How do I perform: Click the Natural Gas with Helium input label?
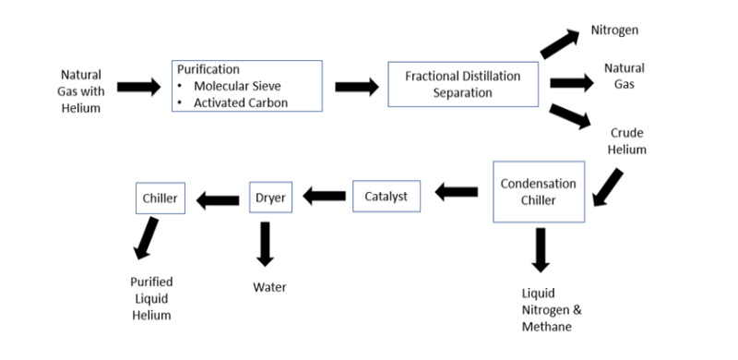point(82,91)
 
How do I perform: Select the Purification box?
point(246,87)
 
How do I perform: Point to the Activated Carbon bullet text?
point(240,102)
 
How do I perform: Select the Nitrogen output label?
point(615,30)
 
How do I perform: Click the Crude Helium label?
point(627,140)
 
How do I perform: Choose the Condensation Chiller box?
point(538,191)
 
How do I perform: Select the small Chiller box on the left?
point(160,197)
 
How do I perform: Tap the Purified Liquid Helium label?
point(151,298)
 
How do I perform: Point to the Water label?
point(269,287)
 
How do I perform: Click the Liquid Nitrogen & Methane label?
point(553,309)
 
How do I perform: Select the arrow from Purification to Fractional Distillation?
point(356,87)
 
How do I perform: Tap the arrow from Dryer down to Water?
point(267,243)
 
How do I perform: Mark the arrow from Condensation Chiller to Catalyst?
point(456,192)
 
